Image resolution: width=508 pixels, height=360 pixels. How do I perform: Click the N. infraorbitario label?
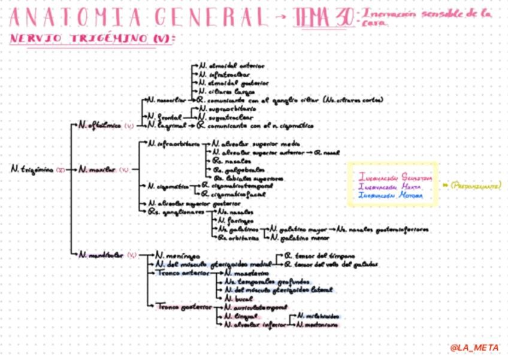[x=174, y=144]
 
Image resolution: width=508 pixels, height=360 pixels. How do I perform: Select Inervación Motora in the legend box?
[x=390, y=195]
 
